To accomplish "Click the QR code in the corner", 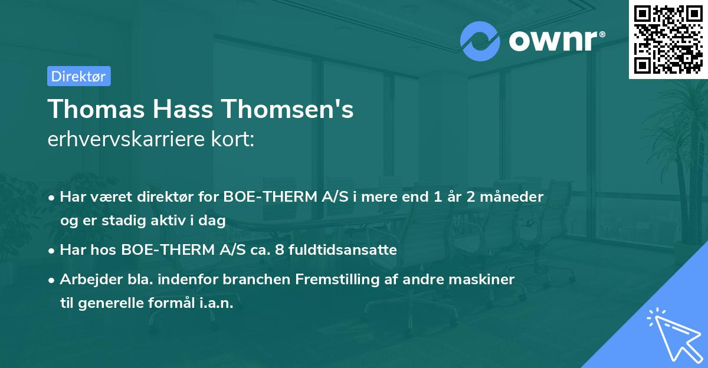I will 668,40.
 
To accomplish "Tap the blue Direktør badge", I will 78,76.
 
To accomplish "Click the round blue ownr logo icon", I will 480,41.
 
